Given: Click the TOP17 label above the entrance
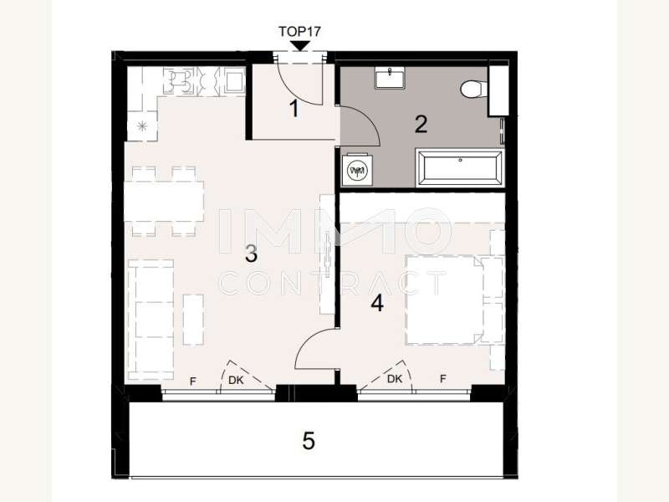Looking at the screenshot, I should (x=299, y=31).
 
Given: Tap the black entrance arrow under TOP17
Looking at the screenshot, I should (x=299, y=45).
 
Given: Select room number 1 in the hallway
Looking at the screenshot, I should (x=294, y=108).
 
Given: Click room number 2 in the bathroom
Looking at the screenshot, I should (x=421, y=125).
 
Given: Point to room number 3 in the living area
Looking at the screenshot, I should (x=250, y=254).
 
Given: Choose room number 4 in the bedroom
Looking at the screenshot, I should (x=377, y=303).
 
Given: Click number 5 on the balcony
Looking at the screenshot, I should (x=309, y=440).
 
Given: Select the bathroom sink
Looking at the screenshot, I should (x=391, y=79).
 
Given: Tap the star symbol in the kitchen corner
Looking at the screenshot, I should (x=140, y=126).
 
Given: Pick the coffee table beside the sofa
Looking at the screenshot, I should (x=193, y=318).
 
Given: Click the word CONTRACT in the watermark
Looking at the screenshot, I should (x=332, y=283).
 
